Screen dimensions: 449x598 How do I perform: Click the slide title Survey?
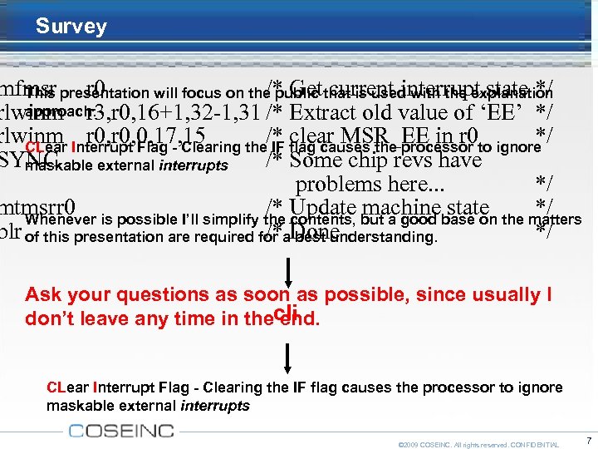click(x=71, y=27)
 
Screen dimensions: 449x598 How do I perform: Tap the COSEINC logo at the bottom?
click(x=121, y=430)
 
